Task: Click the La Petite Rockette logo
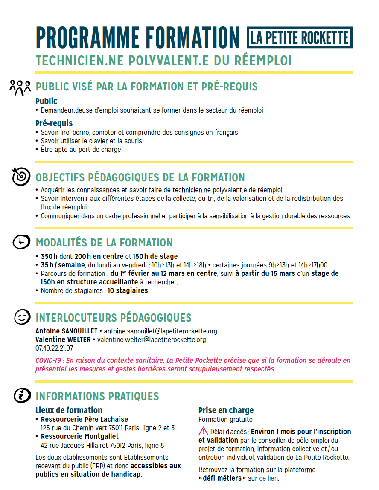click(300, 38)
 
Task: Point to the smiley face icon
click(21, 317)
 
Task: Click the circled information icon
click(21, 395)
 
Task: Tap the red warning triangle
click(203, 431)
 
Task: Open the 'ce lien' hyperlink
click(268, 478)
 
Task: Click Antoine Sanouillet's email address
click(160, 331)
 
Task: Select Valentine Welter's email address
click(152, 340)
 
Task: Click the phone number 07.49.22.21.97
click(54, 348)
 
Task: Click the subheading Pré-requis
click(54, 124)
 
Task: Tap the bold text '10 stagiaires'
click(128, 291)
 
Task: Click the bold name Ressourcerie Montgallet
click(80, 437)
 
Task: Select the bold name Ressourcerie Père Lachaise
click(84, 419)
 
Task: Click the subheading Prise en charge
click(226, 411)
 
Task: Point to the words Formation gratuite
click(219, 420)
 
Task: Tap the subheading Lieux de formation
click(69, 411)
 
